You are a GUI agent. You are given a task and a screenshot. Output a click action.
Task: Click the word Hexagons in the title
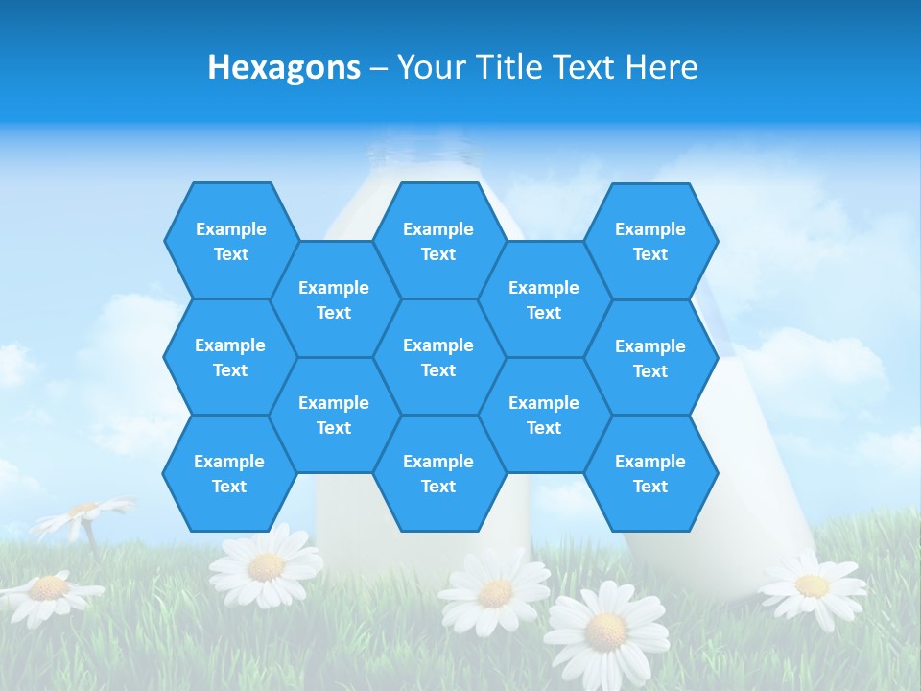pyautogui.click(x=284, y=67)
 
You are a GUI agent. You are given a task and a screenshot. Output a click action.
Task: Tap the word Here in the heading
pyautogui.click(x=661, y=67)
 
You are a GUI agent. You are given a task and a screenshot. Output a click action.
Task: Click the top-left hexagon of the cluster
pyautogui.click(x=230, y=241)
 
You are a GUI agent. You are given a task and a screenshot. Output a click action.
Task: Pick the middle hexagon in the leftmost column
pyautogui.click(x=230, y=357)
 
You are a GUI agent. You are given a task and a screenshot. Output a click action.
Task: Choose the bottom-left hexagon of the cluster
pyautogui.click(x=229, y=473)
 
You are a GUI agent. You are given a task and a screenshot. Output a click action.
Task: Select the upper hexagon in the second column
pyautogui.click(x=334, y=299)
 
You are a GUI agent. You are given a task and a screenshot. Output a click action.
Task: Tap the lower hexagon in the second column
pyautogui.click(x=334, y=415)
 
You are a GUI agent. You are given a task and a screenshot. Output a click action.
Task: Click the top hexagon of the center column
pyautogui.click(x=438, y=241)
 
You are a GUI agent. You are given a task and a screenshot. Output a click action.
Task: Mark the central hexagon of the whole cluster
pyautogui.click(x=438, y=357)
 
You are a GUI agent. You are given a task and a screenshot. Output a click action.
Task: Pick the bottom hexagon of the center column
pyautogui.click(x=438, y=473)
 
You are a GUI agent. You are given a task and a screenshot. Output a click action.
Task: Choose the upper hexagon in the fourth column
pyautogui.click(x=544, y=299)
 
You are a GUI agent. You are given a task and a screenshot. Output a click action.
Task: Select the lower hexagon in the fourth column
pyautogui.click(x=544, y=415)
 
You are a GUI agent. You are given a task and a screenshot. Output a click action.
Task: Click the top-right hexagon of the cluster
pyautogui.click(x=650, y=241)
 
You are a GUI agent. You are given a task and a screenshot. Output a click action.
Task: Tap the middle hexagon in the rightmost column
pyautogui.click(x=650, y=358)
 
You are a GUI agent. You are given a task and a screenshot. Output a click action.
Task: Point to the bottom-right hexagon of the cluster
pyautogui.click(x=650, y=473)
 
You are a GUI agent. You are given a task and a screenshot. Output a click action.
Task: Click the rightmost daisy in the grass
pyautogui.click(x=812, y=584)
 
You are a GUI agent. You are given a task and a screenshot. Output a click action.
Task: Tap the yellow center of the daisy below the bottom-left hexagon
pyautogui.click(x=266, y=566)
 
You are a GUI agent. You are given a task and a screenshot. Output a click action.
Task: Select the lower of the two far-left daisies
pyautogui.click(x=48, y=588)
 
